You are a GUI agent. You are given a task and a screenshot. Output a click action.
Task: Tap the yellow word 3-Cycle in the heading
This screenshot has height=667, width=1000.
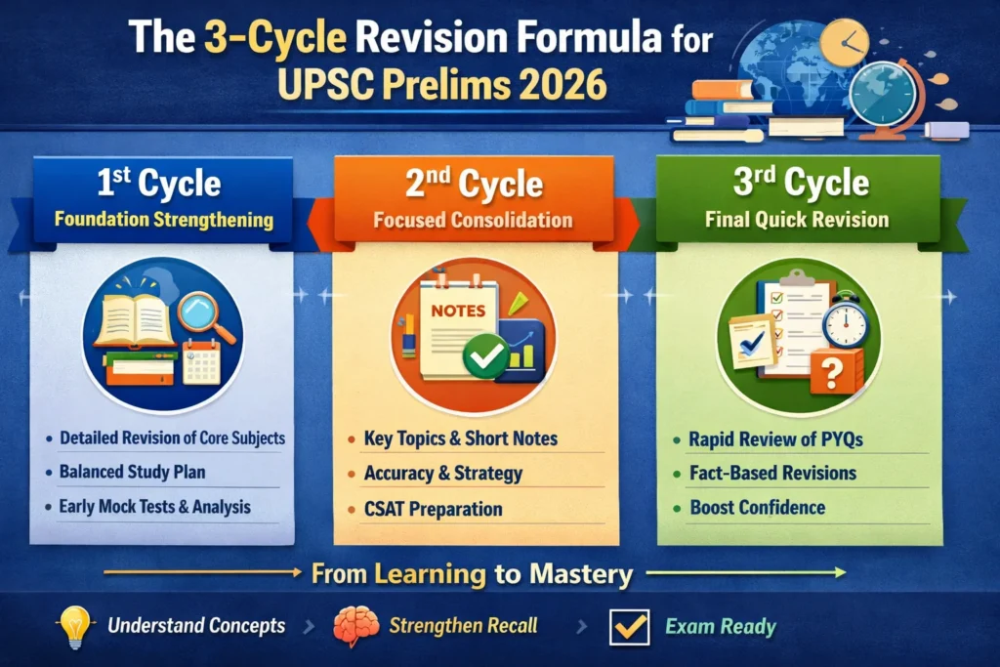pos(275,36)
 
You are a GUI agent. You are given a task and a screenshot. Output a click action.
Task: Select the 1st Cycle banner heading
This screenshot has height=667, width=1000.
pos(159,183)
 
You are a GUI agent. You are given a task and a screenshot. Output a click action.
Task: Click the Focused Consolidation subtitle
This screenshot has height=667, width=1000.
pos(473,220)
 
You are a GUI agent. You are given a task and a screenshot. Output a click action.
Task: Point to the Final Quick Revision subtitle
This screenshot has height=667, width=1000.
pos(797,220)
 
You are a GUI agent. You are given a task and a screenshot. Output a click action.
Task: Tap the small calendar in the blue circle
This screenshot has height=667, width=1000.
pos(201,362)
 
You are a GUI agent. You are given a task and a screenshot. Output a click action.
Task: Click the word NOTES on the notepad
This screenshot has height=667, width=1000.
pos(458,312)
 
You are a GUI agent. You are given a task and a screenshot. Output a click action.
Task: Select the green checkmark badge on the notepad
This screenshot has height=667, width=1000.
pos(486,355)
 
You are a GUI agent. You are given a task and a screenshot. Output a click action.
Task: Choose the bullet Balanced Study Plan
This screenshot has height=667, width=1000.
pos(132,473)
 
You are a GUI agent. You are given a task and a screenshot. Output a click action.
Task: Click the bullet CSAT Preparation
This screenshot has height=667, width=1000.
pos(433,510)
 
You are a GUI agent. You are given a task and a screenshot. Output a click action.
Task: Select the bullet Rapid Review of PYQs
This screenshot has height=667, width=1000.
pos(775,440)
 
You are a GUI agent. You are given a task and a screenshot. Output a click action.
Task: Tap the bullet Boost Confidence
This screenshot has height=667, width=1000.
pos(758,508)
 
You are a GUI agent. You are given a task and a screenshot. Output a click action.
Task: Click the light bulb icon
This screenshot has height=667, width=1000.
pos(75,626)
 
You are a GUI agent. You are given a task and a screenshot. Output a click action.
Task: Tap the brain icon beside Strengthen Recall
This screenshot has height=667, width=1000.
pos(355,626)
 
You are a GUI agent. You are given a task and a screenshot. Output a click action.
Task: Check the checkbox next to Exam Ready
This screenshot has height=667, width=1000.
pos(630,627)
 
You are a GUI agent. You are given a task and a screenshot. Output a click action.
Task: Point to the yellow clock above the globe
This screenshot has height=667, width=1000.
pos(845,43)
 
